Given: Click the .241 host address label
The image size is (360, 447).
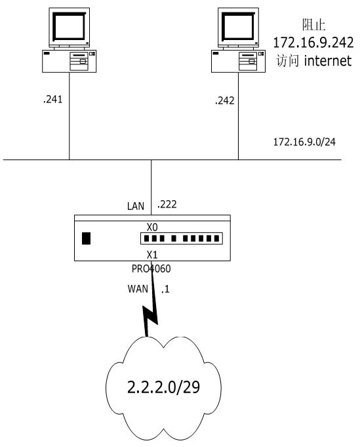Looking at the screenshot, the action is (x=53, y=99).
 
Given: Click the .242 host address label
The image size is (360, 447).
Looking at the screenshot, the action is (x=225, y=100).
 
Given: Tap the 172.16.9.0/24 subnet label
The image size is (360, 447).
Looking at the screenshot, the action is (x=304, y=142).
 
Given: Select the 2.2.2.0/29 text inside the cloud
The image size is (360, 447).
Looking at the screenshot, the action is (x=163, y=387).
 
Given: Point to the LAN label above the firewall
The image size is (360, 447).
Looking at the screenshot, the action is (x=136, y=206).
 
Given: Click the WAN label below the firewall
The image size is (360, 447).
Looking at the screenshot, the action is (x=138, y=289).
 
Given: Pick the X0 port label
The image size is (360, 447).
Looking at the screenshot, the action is (x=152, y=227).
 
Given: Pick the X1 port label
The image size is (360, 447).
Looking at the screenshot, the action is (x=152, y=254).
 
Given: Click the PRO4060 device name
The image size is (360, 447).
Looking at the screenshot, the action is (x=151, y=268).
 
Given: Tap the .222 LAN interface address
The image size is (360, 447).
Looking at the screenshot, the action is (x=167, y=204).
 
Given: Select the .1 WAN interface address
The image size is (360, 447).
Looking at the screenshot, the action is (x=165, y=289).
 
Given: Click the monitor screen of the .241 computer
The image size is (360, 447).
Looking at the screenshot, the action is (x=70, y=26).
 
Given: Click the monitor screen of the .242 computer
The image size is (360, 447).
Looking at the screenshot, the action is (x=239, y=26).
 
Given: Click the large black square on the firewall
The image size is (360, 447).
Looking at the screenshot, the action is (x=87, y=238).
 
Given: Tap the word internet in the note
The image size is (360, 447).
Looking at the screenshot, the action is (x=328, y=61).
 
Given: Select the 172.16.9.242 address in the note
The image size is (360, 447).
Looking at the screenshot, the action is (x=313, y=43).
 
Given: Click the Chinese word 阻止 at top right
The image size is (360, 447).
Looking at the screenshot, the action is (x=313, y=25).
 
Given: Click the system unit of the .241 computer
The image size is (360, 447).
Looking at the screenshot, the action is (x=70, y=61).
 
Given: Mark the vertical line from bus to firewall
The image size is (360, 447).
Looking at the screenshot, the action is (x=151, y=187).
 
